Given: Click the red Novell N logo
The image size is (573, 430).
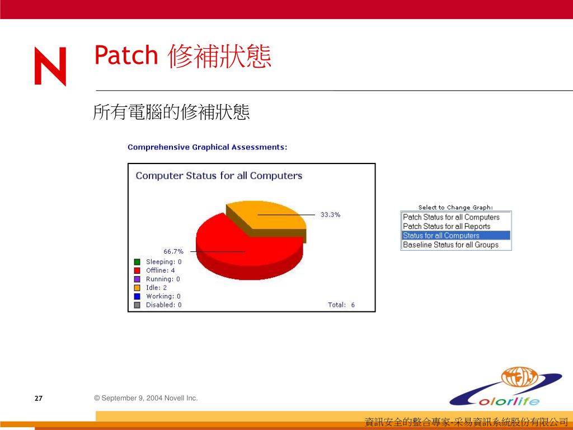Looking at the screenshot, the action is pyautogui.click(x=50, y=66).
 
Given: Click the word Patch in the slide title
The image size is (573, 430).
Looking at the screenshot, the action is pyautogui.click(x=126, y=55).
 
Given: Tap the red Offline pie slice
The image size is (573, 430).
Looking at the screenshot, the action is pyautogui.click(x=241, y=253).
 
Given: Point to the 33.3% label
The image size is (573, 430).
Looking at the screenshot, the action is pyautogui.click(x=330, y=214).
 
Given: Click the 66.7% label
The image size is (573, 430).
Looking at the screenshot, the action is pyautogui.click(x=173, y=251).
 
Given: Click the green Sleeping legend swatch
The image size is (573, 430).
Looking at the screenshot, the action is pyautogui.click(x=137, y=262).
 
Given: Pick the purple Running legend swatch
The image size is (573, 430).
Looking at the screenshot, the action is pyautogui.click(x=137, y=279).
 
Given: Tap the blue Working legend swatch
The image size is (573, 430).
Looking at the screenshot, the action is pyautogui.click(x=137, y=296).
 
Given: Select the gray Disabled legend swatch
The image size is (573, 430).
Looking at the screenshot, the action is pyautogui.click(x=137, y=305).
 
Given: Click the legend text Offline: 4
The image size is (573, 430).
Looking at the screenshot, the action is pyautogui.click(x=161, y=270).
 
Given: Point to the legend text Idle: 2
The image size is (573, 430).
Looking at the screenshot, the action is pyautogui.click(x=157, y=288).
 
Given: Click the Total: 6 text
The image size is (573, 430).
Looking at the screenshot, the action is pyautogui.click(x=341, y=305).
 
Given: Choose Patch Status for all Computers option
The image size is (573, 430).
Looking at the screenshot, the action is pyautogui.click(x=451, y=217).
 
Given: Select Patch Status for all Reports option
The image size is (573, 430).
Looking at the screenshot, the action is pyautogui.click(x=447, y=226).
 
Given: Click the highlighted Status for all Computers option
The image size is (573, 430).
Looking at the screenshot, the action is pyautogui.click(x=455, y=236).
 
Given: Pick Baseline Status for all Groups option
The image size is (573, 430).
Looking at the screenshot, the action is pyautogui.click(x=450, y=245).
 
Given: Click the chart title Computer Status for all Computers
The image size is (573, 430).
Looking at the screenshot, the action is pyautogui.click(x=219, y=176).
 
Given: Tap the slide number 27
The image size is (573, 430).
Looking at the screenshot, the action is pyautogui.click(x=39, y=399).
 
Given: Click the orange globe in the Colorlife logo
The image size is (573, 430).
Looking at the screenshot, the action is pyautogui.click(x=519, y=378).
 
